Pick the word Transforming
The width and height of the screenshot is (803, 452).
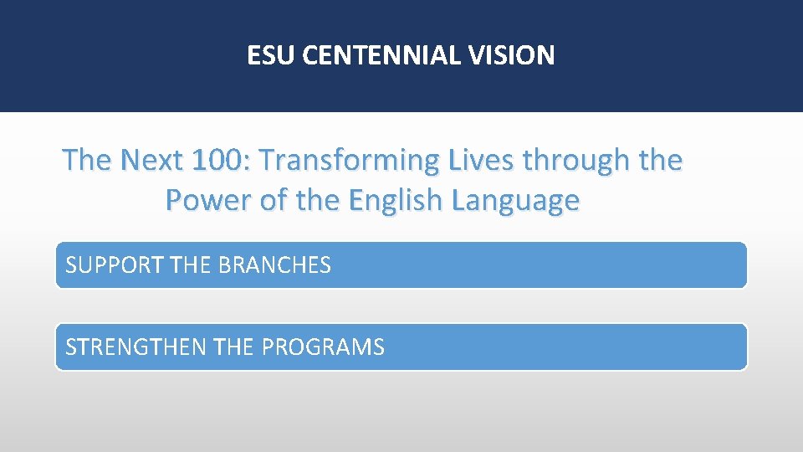pos(349,160)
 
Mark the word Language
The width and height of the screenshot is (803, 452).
pos(514,201)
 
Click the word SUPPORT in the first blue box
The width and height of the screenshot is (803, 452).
pos(115,265)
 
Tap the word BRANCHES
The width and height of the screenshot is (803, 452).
pos(274,265)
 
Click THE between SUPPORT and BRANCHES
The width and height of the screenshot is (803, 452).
pos(191,265)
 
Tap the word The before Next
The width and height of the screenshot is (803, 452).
pos(88,160)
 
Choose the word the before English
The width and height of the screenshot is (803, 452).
pos(319,201)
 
